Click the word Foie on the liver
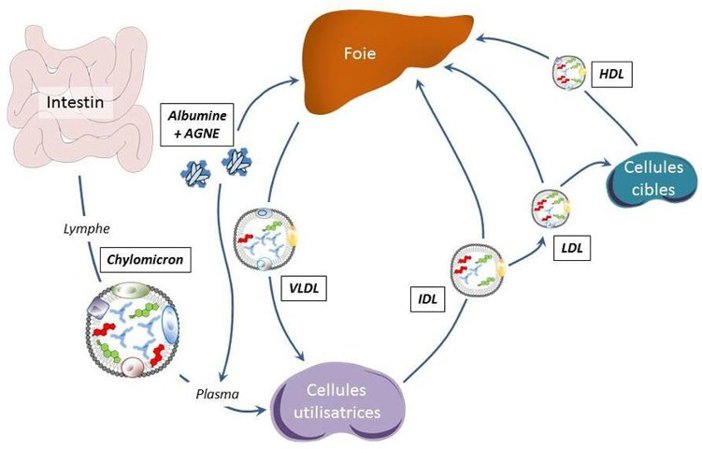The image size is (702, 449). coord(358,54)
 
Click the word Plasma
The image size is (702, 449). coord(217,394)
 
